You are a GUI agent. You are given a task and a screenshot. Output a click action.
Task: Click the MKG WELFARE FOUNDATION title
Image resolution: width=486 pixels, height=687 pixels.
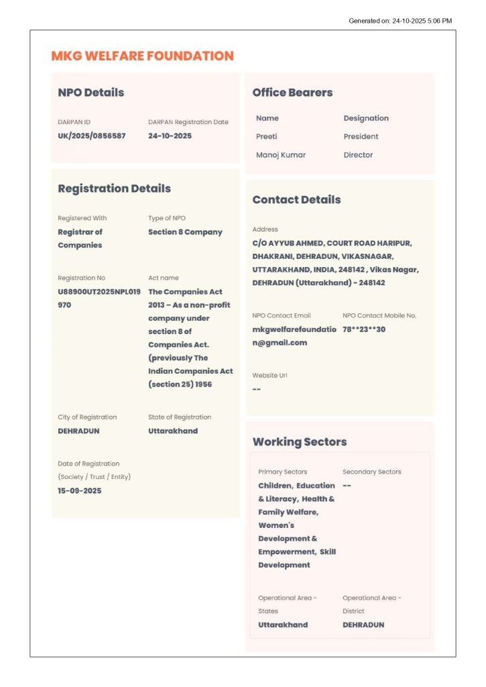tap(142, 56)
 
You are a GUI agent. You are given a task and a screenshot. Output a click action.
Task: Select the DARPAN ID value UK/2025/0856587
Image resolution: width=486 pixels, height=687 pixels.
tap(91, 136)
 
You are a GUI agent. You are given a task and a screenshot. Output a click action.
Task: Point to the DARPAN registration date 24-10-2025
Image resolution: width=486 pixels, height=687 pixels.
tap(170, 136)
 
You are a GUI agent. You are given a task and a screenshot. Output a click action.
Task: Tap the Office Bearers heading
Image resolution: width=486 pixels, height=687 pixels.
tap(292, 93)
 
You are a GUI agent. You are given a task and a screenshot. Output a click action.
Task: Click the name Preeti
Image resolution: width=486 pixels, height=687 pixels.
tap(266, 136)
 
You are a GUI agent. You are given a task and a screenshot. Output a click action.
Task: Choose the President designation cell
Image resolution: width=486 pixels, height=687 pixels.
tap(361, 136)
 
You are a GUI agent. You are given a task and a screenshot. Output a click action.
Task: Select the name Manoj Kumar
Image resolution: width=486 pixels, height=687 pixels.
tap(280, 155)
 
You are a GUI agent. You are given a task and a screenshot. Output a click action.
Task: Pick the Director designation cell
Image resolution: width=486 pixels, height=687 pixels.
tap(358, 155)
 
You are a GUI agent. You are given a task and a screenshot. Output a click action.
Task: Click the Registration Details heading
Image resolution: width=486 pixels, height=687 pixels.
tap(114, 189)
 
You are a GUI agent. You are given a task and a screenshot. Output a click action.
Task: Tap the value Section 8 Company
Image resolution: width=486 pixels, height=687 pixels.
tap(185, 232)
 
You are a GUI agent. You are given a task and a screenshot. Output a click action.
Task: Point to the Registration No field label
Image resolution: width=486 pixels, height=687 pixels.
tap(81, 278)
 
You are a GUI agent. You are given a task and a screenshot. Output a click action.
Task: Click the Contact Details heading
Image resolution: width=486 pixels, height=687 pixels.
tap(296, 200)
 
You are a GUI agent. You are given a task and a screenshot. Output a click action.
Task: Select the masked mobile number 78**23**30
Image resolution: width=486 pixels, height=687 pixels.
tap(364, 329)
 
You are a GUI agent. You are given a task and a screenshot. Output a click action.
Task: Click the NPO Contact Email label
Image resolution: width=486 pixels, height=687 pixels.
tap(282, 315)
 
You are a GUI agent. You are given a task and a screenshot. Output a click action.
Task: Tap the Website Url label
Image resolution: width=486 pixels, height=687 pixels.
tap(269, 376)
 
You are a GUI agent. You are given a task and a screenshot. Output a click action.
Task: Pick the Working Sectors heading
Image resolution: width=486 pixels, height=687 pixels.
tap(299, 442)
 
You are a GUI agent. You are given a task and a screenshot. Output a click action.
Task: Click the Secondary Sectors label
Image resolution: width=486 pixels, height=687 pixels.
tap(371, 472)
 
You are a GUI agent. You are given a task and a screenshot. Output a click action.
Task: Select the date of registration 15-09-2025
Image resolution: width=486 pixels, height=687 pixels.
tap(79, 491)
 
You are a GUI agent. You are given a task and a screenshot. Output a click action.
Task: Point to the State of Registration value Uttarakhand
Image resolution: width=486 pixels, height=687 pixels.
tap(173, 431)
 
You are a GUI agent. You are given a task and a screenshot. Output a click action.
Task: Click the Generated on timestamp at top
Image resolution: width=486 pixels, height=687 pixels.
tap(400, 21)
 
